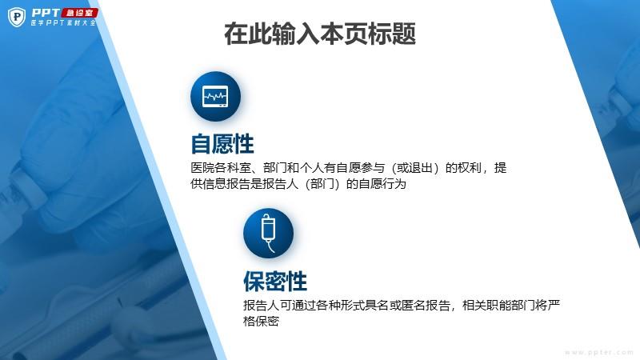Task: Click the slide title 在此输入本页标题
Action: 320,34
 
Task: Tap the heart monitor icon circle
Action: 215,96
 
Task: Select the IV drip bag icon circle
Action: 268,234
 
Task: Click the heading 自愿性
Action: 222,144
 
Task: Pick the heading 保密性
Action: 275,282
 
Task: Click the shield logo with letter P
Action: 17,17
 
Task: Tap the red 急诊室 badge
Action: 79,13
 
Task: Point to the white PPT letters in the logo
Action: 46,13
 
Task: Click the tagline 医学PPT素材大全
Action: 64,23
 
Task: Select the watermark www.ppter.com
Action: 598,352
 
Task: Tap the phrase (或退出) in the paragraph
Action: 415,168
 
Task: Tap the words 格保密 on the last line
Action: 262,322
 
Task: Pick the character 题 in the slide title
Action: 404,34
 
